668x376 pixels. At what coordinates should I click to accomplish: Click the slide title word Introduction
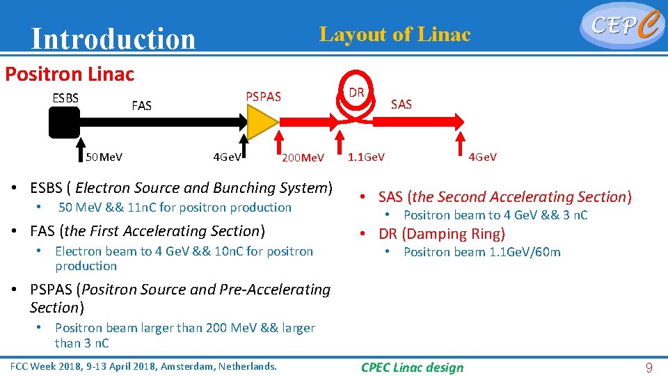[x=113, y=39]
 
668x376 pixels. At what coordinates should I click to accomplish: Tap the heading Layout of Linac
[x=395, y=33]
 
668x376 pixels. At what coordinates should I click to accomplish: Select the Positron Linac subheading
[x=70, y=74]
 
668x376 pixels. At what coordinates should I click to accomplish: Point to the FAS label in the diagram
[x=141, y=106]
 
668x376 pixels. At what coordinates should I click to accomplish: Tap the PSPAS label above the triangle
[x=264, y=97]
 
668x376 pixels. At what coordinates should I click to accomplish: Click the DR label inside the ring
[x=357, y=93]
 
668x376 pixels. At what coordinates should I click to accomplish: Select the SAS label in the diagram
[x=401, y=104]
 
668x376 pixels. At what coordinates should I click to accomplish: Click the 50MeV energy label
[x=104, y=157]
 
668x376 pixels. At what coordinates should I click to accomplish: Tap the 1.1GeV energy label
[x=367, y=157]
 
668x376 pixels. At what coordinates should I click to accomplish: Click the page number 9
[x=649, y=367]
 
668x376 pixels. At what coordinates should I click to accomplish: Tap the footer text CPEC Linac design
[x=412, y=367]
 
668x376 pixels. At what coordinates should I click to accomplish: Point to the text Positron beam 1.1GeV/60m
[x=482, y=252]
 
